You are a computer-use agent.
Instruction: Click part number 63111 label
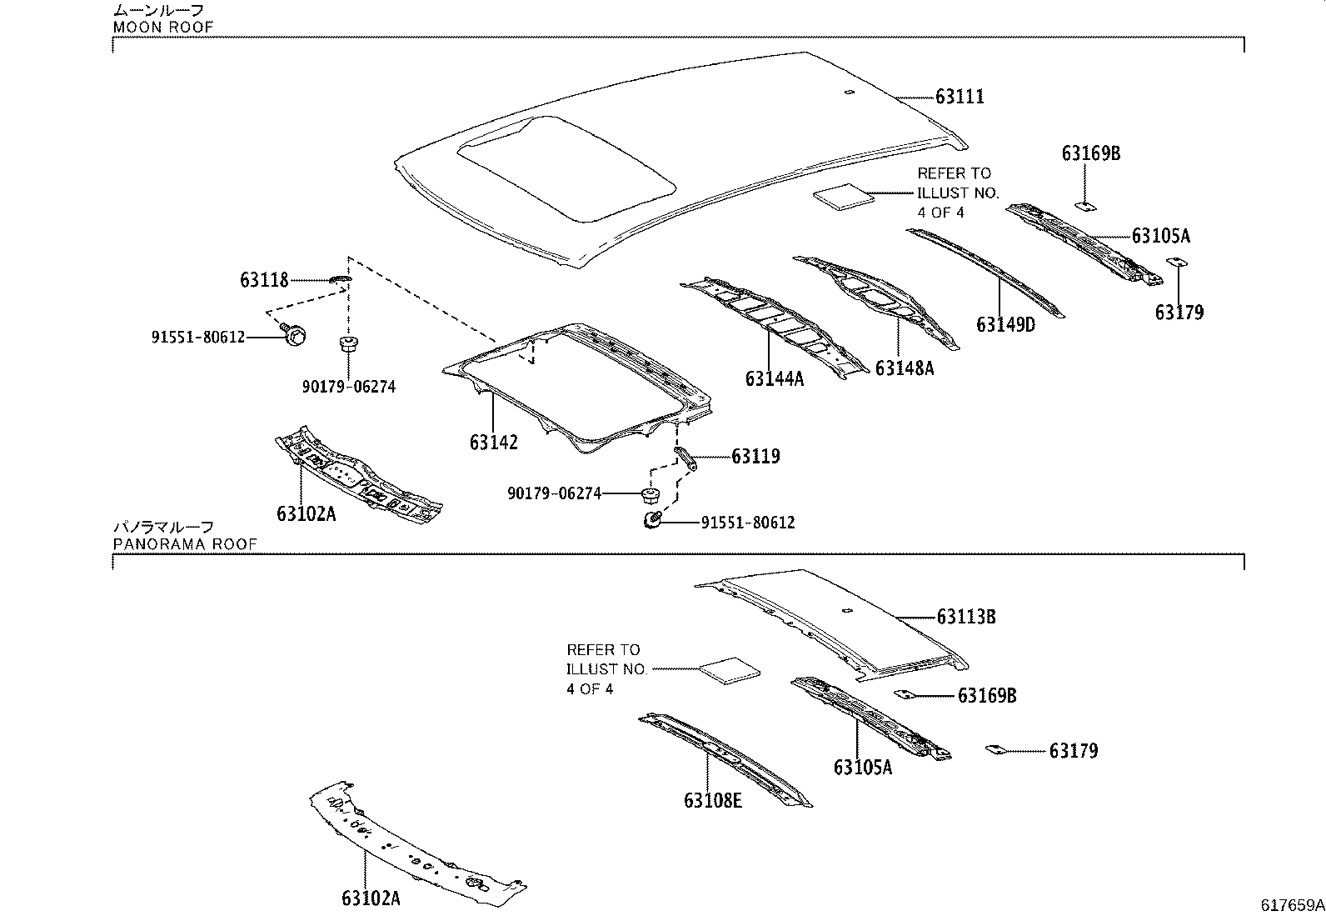960,97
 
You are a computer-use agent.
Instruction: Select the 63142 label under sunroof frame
493,443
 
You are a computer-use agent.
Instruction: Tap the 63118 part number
264,280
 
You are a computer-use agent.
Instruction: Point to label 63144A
775,379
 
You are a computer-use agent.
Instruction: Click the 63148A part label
905,368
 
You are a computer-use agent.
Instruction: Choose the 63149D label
1005,324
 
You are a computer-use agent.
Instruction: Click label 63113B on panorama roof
966,617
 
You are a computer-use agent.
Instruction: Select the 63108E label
713,800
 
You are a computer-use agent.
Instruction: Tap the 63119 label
755,456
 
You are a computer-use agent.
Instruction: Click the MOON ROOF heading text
163,27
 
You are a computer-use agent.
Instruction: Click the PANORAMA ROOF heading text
185,544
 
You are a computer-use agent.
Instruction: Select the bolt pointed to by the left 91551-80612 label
294,335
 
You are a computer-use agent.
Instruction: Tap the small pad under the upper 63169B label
1085,203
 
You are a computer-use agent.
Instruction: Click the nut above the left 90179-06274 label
347,343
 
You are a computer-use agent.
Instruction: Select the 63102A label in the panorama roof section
370,898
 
